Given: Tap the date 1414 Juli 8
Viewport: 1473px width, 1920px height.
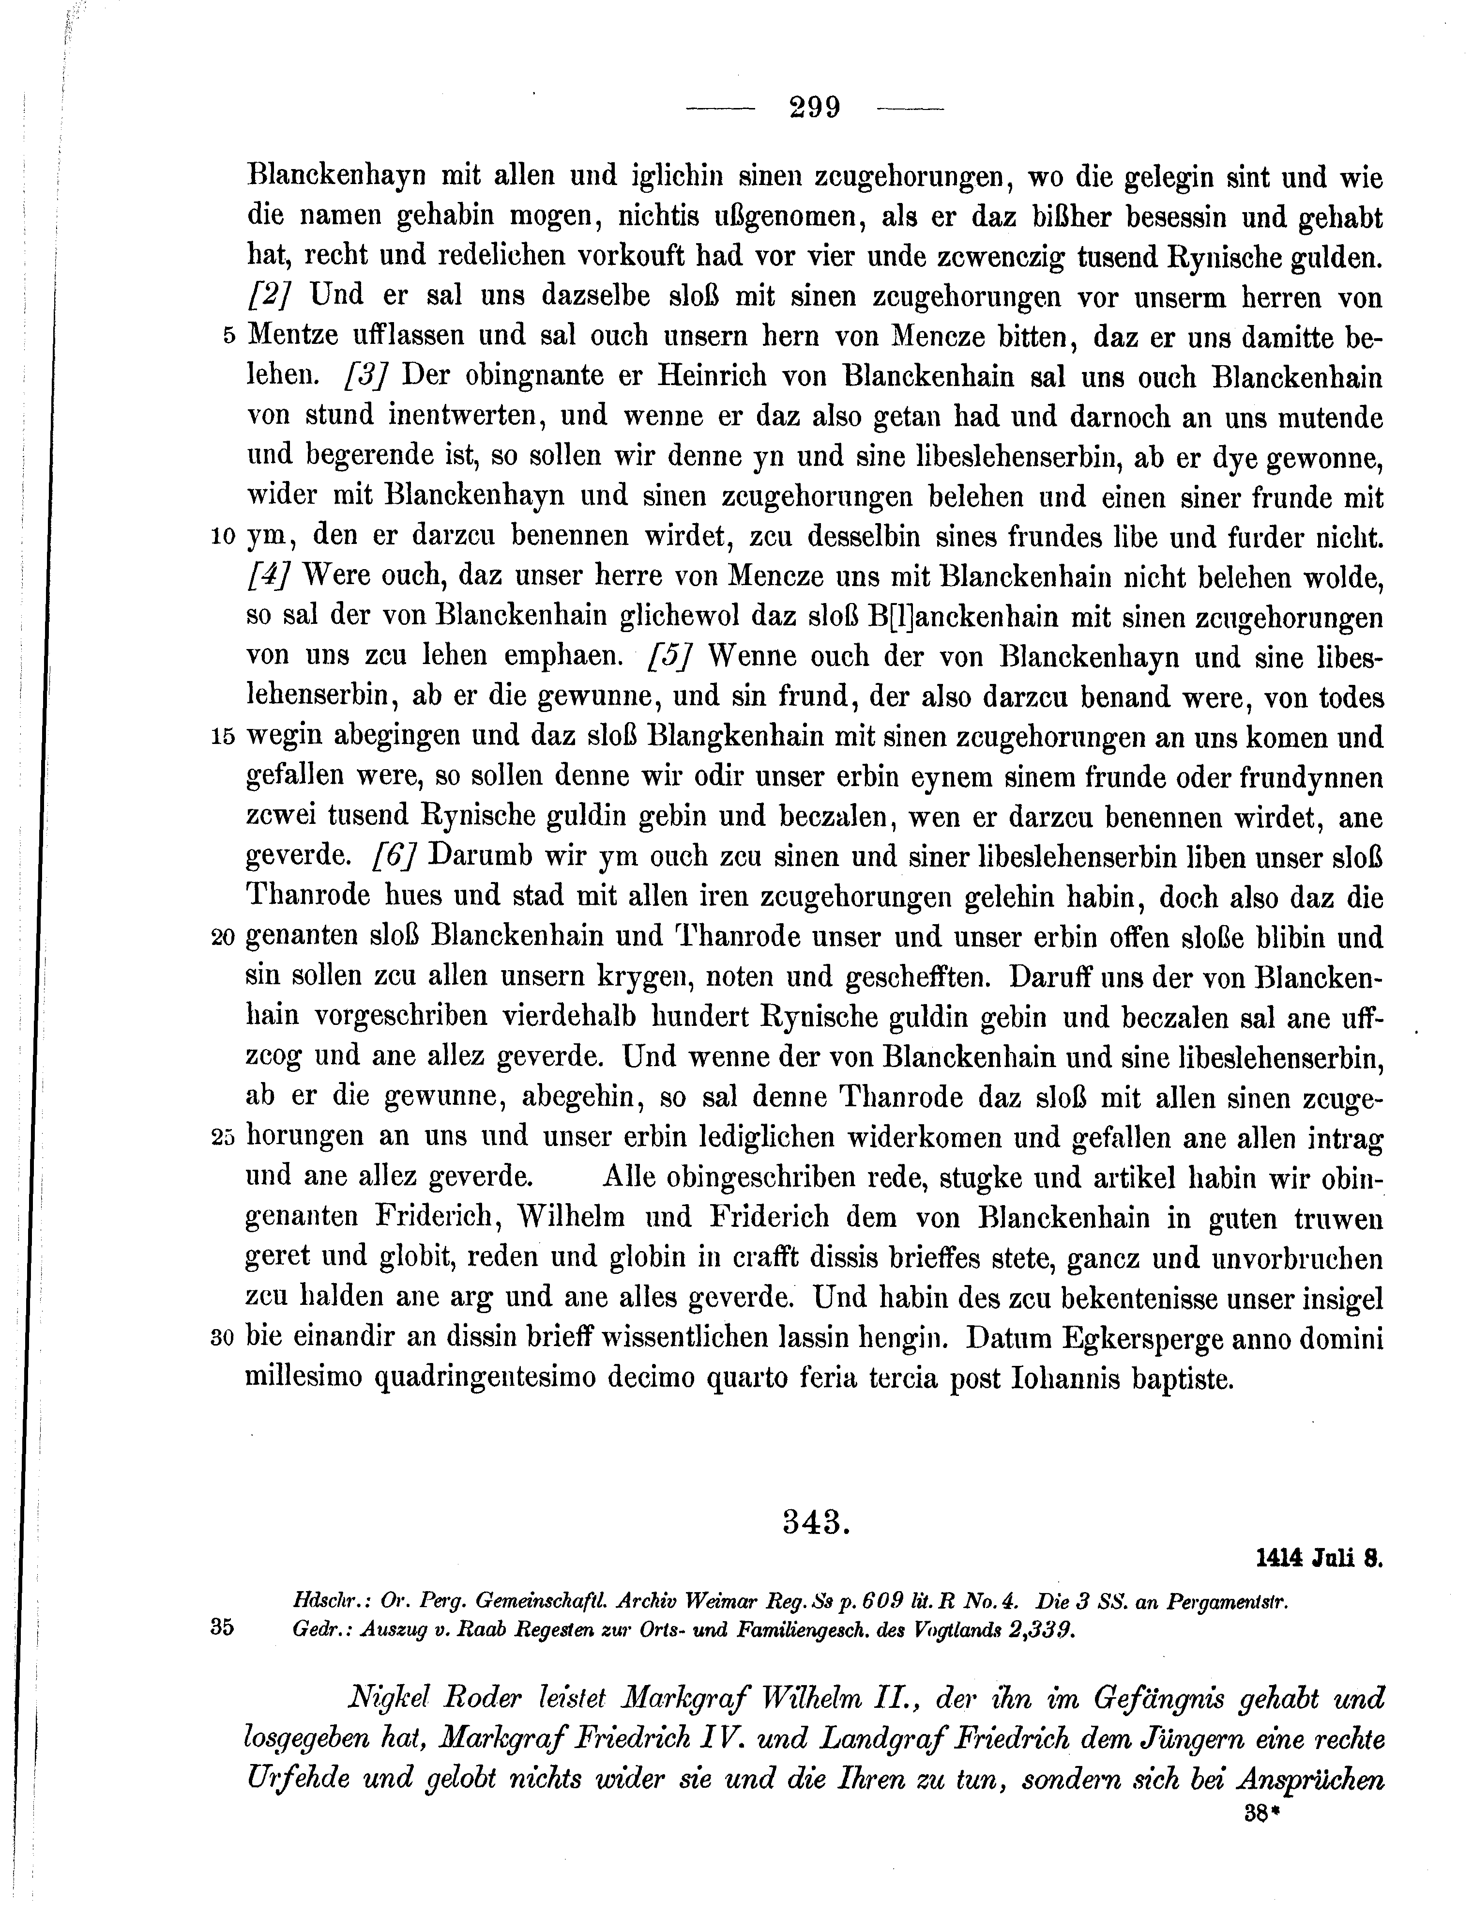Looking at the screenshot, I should pos(1318,1582).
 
